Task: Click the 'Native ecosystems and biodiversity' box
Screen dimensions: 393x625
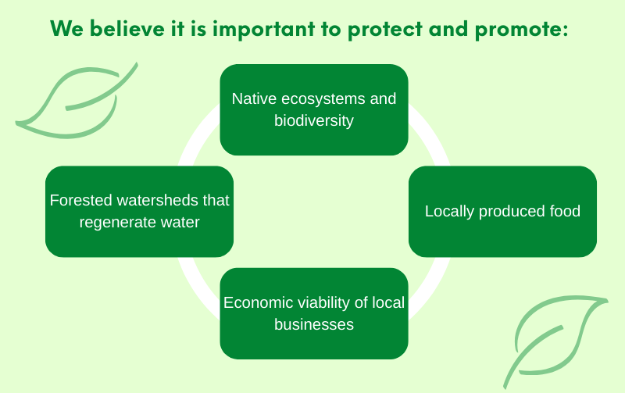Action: pos(314,109)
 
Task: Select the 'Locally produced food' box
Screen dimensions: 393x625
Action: pos(502,211)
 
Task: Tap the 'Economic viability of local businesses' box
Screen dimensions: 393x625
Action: pos(314,313)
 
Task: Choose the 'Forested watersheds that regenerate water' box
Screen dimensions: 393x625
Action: pos(139,211)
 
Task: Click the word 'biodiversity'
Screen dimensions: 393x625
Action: pos(314,121)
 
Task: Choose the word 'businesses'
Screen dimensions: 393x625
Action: pos(314,324)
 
